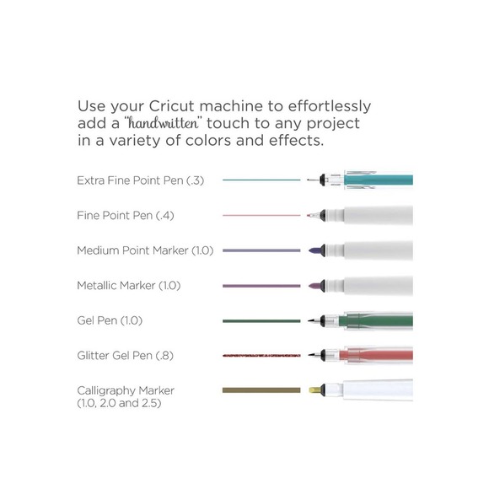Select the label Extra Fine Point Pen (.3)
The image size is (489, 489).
tap(140, 180)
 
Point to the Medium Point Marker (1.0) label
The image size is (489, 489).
tap(145, 250)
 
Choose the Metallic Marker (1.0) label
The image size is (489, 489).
tap(129, 286)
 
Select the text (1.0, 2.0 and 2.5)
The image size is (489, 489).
tap(119, 404)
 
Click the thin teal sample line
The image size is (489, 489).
tap(261, 180)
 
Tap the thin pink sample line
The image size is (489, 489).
tap(261, 215)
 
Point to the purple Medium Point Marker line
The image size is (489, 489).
tap(261, 250)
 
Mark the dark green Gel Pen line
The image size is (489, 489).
tap(261, 320)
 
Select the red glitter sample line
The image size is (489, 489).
tap(261, 356)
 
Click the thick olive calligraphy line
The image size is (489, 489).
tap(261, 390)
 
